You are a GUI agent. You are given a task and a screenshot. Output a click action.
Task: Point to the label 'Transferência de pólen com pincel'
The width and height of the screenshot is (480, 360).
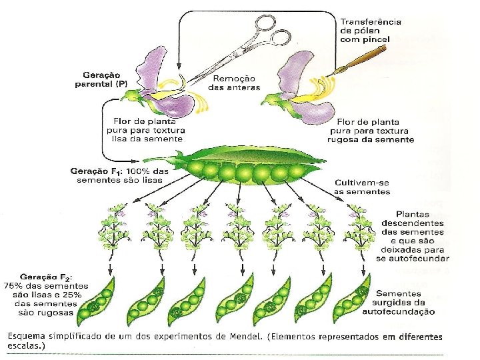[370, 30]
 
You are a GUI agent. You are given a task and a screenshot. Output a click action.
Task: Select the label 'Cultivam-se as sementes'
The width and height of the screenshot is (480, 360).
[363, 187]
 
